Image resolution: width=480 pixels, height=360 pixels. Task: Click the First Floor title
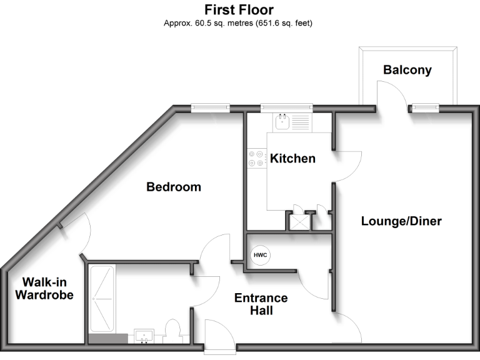pos(239,10)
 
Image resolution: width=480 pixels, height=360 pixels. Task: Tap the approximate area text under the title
pos(239,24)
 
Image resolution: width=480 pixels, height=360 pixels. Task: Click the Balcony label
pos(407,70)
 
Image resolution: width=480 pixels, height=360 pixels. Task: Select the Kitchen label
pos(292,159)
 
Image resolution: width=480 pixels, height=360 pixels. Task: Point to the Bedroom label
pos(174,187)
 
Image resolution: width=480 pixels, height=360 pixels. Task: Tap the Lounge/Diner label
pos(401,221)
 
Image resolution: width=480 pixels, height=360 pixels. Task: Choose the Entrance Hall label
pos(261,304)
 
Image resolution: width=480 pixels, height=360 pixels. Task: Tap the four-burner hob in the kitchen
pos(256,159)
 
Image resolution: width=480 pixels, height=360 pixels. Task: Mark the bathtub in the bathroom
pos(101,300)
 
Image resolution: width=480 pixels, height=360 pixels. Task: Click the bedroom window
pos(210,107)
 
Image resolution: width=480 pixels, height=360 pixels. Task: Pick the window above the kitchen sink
pos(286,107)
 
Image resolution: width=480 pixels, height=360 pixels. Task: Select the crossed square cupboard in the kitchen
pos(300,221)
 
